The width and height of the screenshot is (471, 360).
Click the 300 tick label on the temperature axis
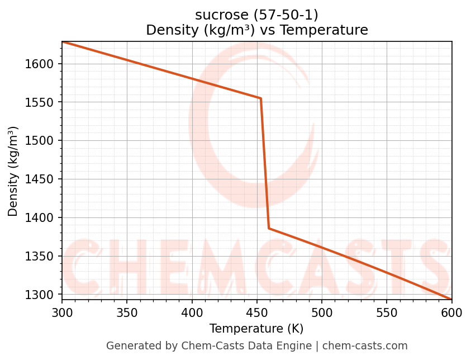pos(62,311)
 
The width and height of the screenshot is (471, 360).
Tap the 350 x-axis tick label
pos(127,311)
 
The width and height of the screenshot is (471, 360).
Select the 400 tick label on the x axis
pos(192,311)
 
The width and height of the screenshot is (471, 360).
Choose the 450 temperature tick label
pos(257,311)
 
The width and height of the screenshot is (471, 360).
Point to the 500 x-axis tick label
pos(322,311)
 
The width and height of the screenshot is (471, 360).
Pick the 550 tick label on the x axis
pos(387,311)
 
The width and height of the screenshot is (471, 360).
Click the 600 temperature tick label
pos(451,311)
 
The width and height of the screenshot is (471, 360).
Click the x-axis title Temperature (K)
pos(256,329)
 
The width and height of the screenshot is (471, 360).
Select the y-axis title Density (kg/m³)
pos(13,171)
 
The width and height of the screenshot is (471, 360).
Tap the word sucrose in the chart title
pos(218,15)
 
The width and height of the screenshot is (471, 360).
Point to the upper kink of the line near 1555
pos(260,98)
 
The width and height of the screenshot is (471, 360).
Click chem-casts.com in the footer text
pos(365,346)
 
